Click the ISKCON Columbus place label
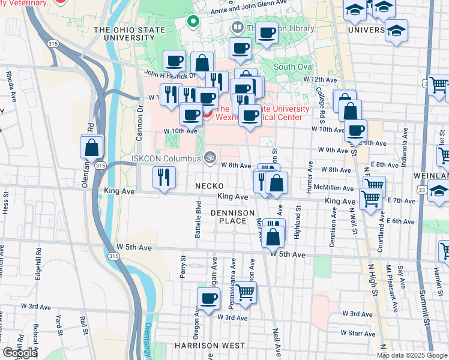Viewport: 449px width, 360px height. [166, 158]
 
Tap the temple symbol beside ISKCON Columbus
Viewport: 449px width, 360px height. [209, 158]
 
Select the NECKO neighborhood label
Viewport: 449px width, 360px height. [209, 186]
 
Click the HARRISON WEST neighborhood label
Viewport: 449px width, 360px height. [209, 346]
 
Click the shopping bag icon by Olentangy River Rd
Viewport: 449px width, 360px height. [92, 146]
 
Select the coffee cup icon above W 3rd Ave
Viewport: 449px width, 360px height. [209, 298]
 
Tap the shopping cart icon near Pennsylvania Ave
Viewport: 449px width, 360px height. [245, 293]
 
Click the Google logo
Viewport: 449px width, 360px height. [20, 353]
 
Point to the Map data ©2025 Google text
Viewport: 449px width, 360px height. [412, 355]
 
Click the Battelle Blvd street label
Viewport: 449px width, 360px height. [197, 220]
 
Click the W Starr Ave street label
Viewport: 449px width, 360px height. [358, 332]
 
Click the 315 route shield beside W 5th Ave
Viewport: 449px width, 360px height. [113, 256]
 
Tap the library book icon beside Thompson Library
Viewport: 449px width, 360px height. [238, 28]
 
